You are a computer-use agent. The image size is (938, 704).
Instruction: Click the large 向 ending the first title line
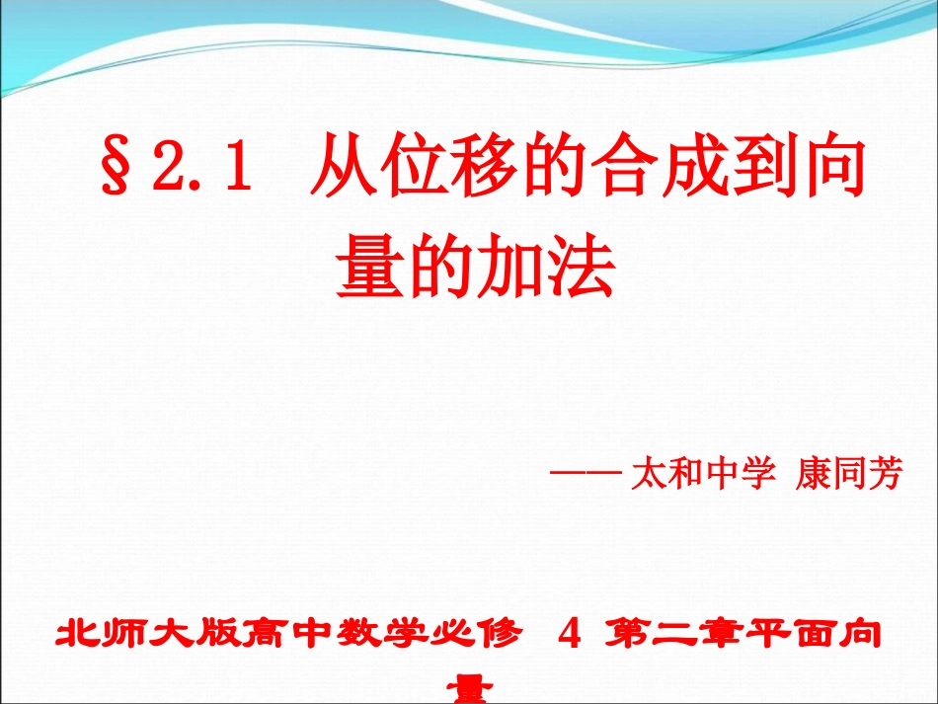pyautogui.click(x=835, y=172)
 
